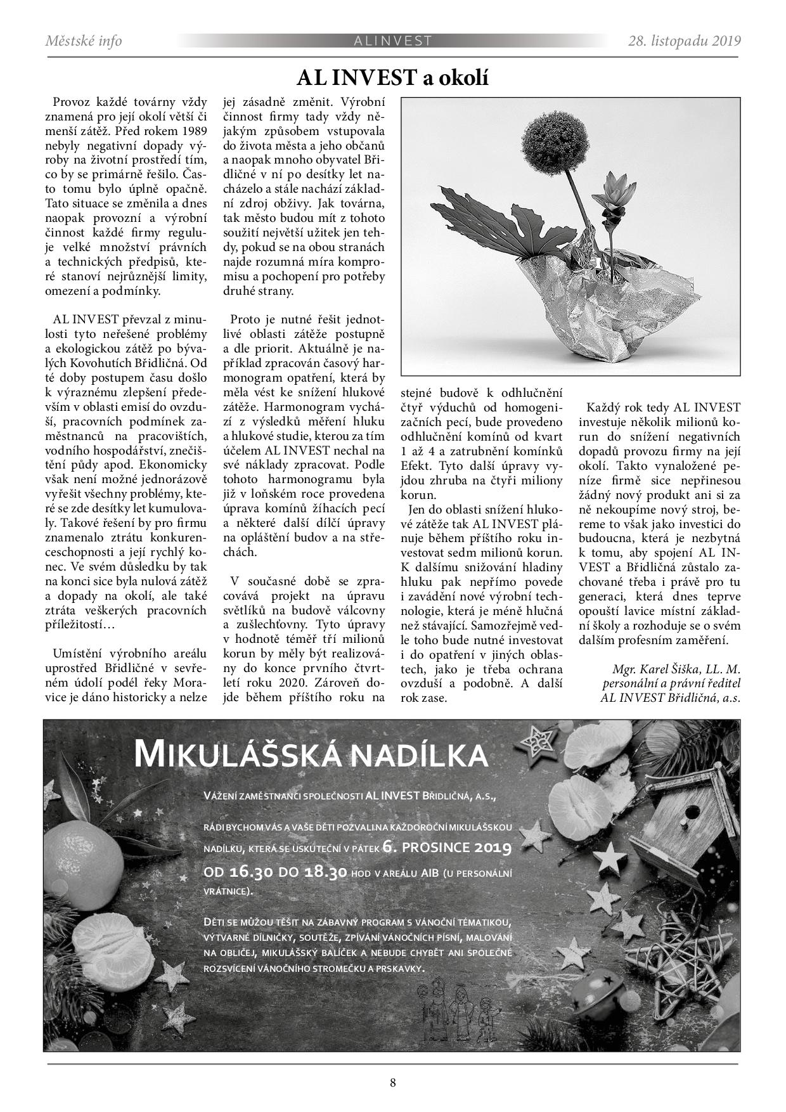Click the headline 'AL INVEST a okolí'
(x=392, y=79)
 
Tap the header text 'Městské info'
(x=84, y=41)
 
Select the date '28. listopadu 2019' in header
(x=685, y=41)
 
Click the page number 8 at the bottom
(x=393, y=1082)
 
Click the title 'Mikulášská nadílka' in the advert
(x=311, y=754)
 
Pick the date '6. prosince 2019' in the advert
(x=447, y=848)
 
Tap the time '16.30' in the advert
(x=251, y=872)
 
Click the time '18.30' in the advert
(x=325, y=872)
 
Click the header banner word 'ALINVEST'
(x=393, y=41)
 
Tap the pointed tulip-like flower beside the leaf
(x=621, y=204)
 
